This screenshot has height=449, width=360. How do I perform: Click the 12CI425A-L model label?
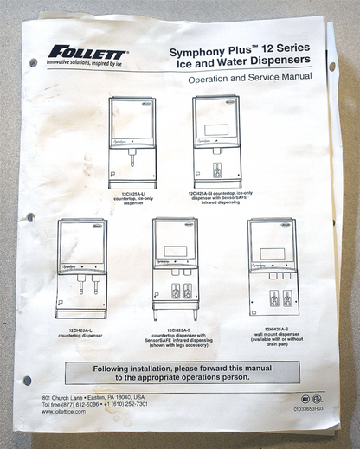(82, 330)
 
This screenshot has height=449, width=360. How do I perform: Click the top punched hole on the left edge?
(33, 62)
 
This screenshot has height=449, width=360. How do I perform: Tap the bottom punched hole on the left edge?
(28, 380)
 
